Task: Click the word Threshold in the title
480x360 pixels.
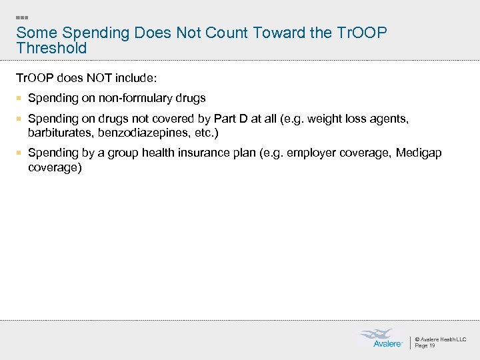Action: (51, 48)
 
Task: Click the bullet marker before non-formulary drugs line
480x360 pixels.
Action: (20, 98)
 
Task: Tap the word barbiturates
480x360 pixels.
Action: (60, 133)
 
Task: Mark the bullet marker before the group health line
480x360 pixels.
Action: (20, 153)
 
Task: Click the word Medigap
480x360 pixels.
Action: (419, 153)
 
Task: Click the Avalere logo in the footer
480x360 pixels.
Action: (381, 338)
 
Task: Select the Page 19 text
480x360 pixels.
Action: (425, 345)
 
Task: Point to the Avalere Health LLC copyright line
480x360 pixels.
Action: (441, 339)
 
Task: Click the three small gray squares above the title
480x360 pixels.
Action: (21, 17)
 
